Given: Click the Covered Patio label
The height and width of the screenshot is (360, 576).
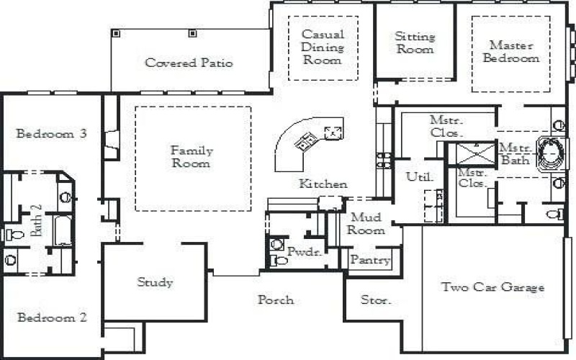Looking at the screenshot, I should tap(189, 63).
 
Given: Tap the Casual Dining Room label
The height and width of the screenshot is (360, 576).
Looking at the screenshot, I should tap(323, 47).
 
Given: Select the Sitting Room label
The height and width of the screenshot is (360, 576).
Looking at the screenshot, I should tap(415, 43).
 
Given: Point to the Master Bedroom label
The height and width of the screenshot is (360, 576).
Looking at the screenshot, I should tap(510, 52).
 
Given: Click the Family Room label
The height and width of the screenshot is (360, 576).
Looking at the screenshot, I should tap(192, 157).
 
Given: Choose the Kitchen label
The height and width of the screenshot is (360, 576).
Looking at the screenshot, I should tap(323, 184).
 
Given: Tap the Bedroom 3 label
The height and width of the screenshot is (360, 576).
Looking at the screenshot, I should tap(52, 133).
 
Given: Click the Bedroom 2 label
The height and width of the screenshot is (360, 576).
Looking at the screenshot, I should tap(52, 318).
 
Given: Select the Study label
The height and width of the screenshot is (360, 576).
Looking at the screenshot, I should tap(156, 282).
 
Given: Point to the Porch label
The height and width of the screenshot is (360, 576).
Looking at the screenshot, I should tap(276, 300).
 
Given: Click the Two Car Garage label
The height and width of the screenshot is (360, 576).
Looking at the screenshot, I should tap(492, 287).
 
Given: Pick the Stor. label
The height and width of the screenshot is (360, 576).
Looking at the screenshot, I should tap(375, 300).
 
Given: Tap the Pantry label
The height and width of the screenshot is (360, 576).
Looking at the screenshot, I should tap(371, 261).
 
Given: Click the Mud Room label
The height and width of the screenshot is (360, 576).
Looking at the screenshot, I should tap(367, 224).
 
